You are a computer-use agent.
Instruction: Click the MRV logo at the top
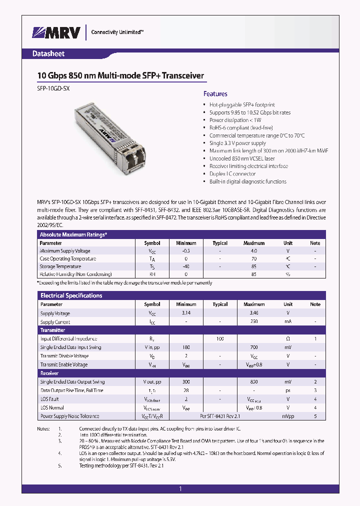(56, 33)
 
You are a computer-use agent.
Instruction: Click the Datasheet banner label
(48, 53)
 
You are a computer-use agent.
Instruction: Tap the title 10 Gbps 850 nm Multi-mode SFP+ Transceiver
(120, 75)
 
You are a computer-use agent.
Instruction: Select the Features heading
(215, 93)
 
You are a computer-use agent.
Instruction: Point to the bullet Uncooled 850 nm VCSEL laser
(242, 158)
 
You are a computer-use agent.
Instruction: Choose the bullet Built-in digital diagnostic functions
(247, 181)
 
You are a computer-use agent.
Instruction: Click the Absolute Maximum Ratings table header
(73, 234)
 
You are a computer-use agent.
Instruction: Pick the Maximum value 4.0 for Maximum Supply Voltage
(253, 251)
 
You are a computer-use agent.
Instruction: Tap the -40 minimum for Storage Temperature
(186, 266)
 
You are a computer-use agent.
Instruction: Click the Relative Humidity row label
(76, 274)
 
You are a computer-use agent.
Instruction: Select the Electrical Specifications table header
(71, 295)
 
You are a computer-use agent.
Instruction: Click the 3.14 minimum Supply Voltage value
(186, 313)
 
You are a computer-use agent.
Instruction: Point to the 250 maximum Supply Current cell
(253, 322)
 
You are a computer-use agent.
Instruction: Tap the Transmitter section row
(52, 330)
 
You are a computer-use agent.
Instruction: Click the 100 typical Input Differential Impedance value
(219, 339)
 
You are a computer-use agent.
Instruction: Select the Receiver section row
(49, 373)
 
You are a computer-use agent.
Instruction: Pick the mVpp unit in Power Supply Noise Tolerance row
(288, 416)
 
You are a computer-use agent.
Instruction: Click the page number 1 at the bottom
(180, 489)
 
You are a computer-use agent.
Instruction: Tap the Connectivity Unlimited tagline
(117, 32)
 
